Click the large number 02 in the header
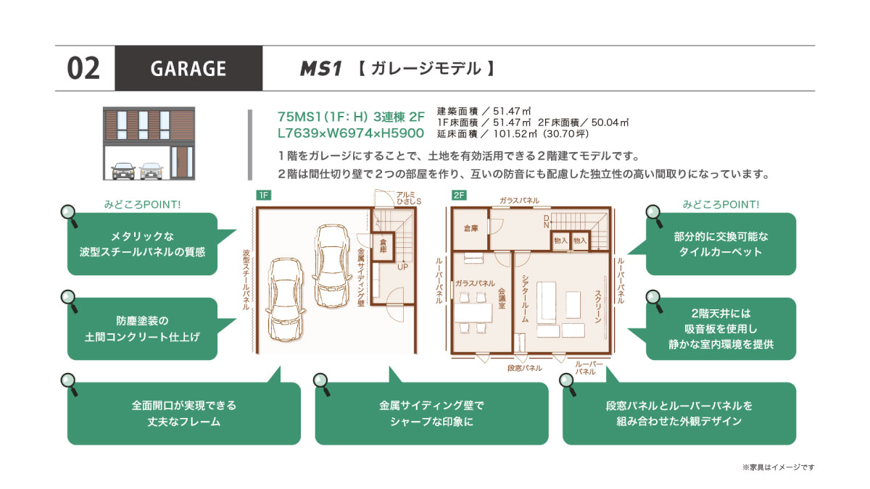83,69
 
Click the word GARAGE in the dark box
188,69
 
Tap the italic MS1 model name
320,69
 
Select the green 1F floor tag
264,195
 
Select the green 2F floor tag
459,195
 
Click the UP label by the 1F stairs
403,267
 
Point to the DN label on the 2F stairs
547,222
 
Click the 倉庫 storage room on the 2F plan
471,229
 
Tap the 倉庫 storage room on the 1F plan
383,246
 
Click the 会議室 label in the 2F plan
502,298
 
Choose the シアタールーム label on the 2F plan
525,298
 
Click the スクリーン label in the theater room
597,306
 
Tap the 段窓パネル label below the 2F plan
525,368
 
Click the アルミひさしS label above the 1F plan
409,198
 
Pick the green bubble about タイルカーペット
721,244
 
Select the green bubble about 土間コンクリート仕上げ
143,329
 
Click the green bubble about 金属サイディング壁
431,414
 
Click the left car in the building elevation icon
123,171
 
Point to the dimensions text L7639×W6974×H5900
351,133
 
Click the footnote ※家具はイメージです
779,467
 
